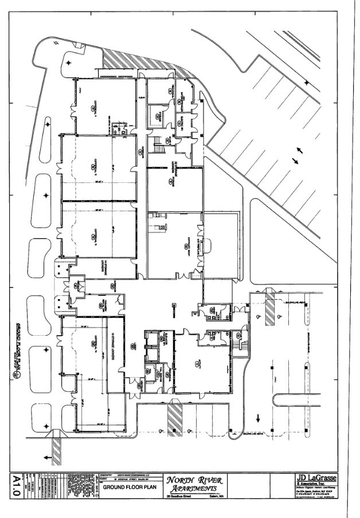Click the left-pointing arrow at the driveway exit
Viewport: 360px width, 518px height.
click(46, 457)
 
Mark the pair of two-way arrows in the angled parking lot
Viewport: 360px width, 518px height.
click(298, 155)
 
